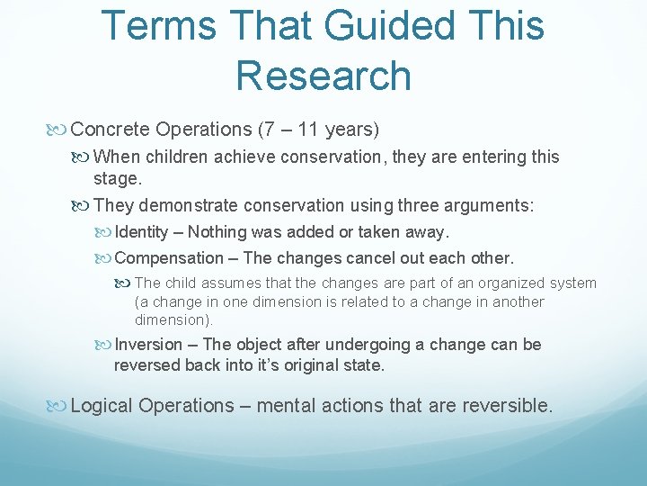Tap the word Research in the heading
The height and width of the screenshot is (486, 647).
click(323, 75)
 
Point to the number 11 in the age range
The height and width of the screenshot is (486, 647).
click(309, 130)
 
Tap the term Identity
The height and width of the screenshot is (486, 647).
click(142, 232)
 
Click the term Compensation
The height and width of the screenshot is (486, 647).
click(169, 258)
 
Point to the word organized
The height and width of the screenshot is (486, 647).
click(501, 283)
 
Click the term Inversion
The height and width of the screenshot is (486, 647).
click(147, 345)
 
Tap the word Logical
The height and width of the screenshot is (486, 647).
click(102, 406)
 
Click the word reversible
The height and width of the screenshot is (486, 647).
click(507, 406)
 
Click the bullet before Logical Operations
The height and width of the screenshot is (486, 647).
click(59, 406)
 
